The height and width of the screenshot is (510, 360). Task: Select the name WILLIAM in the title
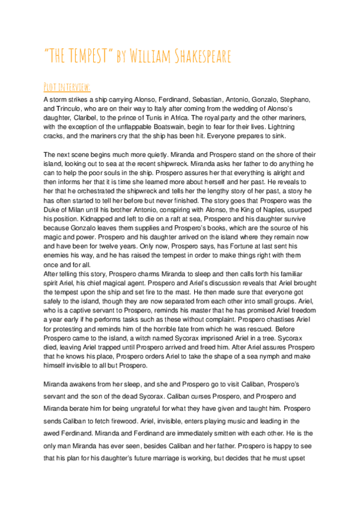pos(142,58)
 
